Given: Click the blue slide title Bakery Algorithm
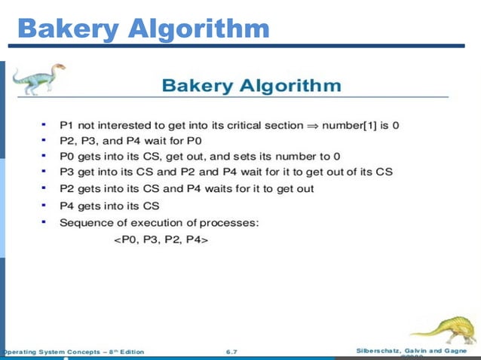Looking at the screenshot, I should [143, 29].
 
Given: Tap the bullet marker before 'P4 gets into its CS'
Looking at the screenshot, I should [44, 205].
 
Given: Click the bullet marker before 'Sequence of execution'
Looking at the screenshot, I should [44, 222].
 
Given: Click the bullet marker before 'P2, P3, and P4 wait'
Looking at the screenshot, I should [44, 139].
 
